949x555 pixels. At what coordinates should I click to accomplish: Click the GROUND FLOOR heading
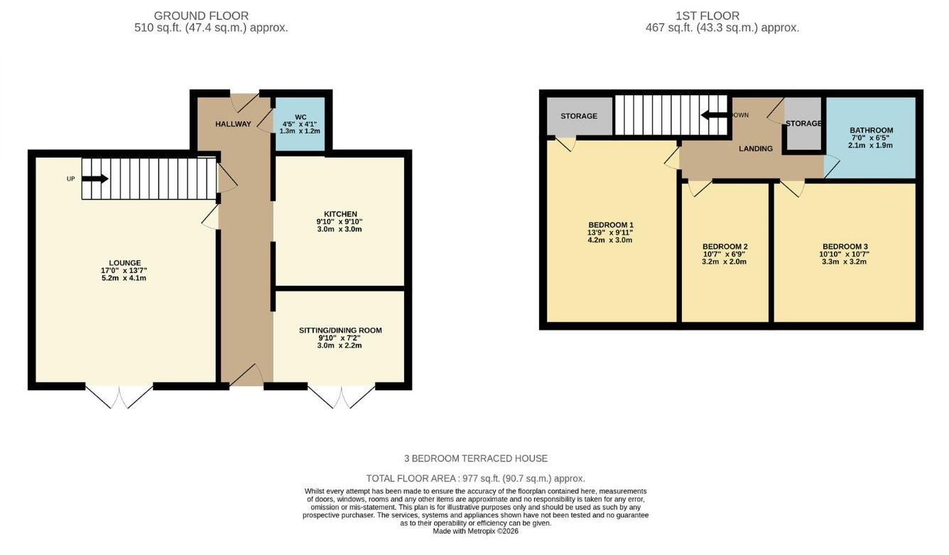201,16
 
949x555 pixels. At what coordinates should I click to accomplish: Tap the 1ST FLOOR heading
707,16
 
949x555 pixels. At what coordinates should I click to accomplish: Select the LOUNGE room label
124,263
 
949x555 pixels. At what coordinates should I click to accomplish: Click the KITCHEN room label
340,214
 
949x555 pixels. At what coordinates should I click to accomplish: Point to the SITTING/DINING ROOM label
340,330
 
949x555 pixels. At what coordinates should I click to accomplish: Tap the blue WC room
300,124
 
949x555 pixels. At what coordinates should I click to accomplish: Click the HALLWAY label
233,124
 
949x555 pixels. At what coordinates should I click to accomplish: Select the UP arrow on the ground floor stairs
95,178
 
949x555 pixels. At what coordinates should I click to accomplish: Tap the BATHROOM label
871,130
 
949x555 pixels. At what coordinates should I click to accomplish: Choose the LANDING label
755,149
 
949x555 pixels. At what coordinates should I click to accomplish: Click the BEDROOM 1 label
610,225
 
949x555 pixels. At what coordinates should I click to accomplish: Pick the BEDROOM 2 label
725,247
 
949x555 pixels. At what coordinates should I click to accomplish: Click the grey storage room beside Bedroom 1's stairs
579,116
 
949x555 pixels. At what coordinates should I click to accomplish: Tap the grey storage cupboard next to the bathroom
803,124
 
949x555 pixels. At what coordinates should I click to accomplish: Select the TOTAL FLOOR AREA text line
475,479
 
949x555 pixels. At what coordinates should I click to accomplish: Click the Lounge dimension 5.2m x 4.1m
124,278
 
